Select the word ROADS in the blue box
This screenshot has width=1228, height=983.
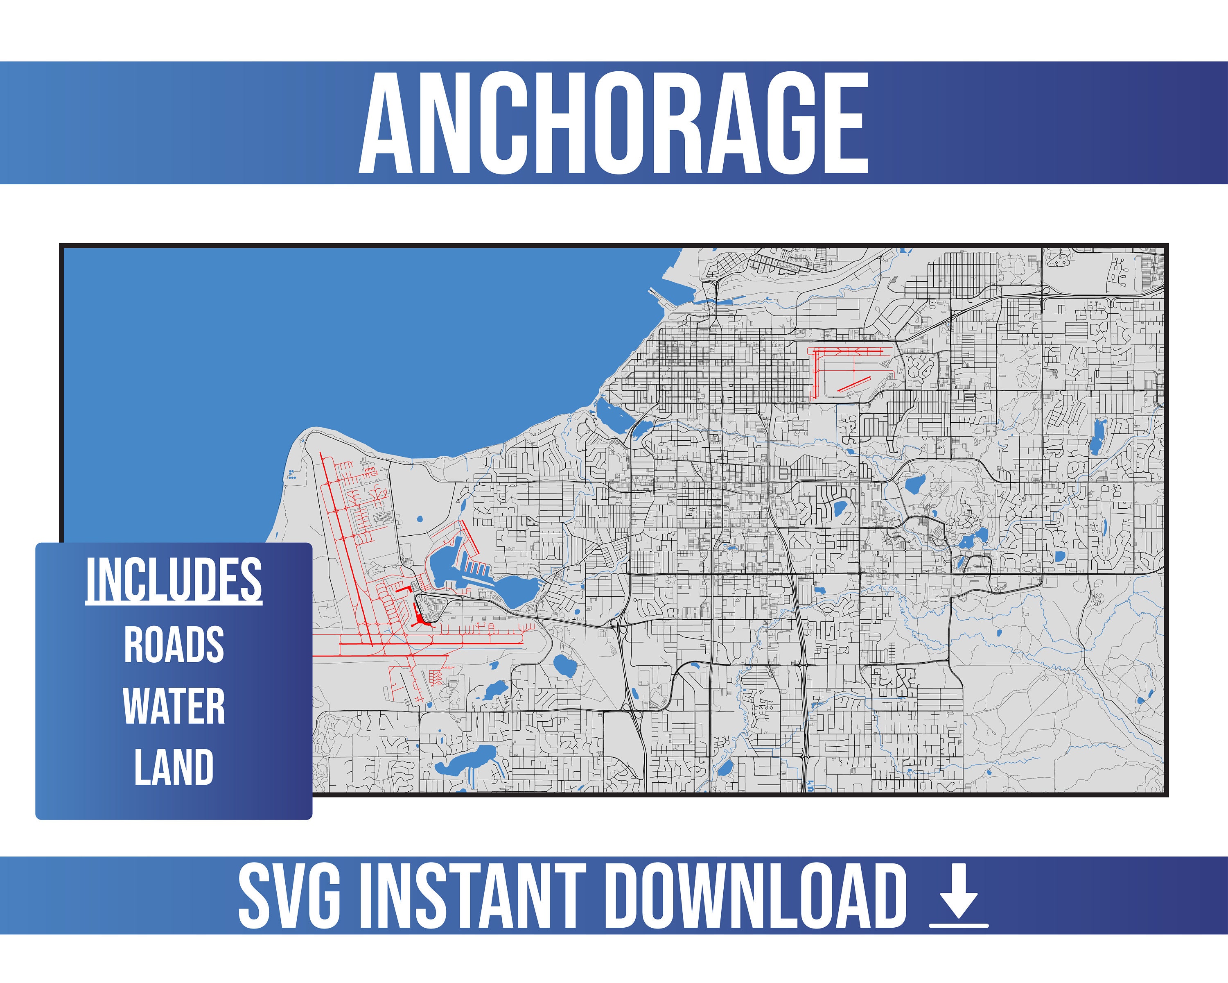point(174,645)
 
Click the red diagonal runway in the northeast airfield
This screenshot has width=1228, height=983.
point(854,383)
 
